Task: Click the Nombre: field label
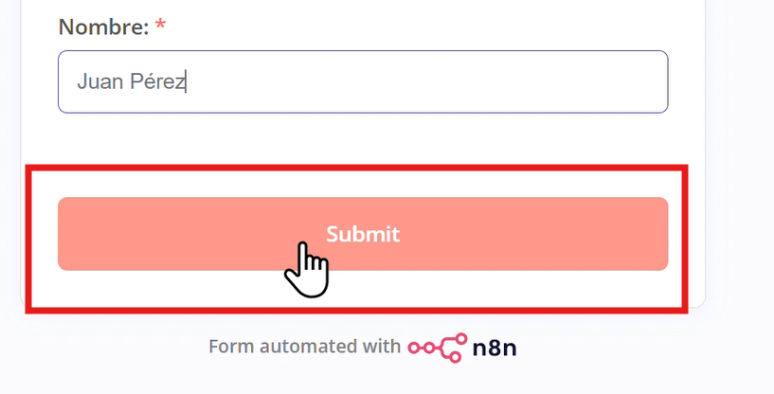tap(103, 27)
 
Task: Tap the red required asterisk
tap(160, 26)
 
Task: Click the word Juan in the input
tap(100, 82)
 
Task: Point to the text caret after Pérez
tap(186, 82)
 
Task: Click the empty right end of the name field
tap(568, 82)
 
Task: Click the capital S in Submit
tap(333, 234)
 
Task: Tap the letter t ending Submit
tap(395, 234)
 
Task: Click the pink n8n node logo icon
tap(437, 346)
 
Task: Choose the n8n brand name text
tap(494, 348)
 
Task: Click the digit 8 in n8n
tap(494, 348)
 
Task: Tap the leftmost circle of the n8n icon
tap(415, 348)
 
